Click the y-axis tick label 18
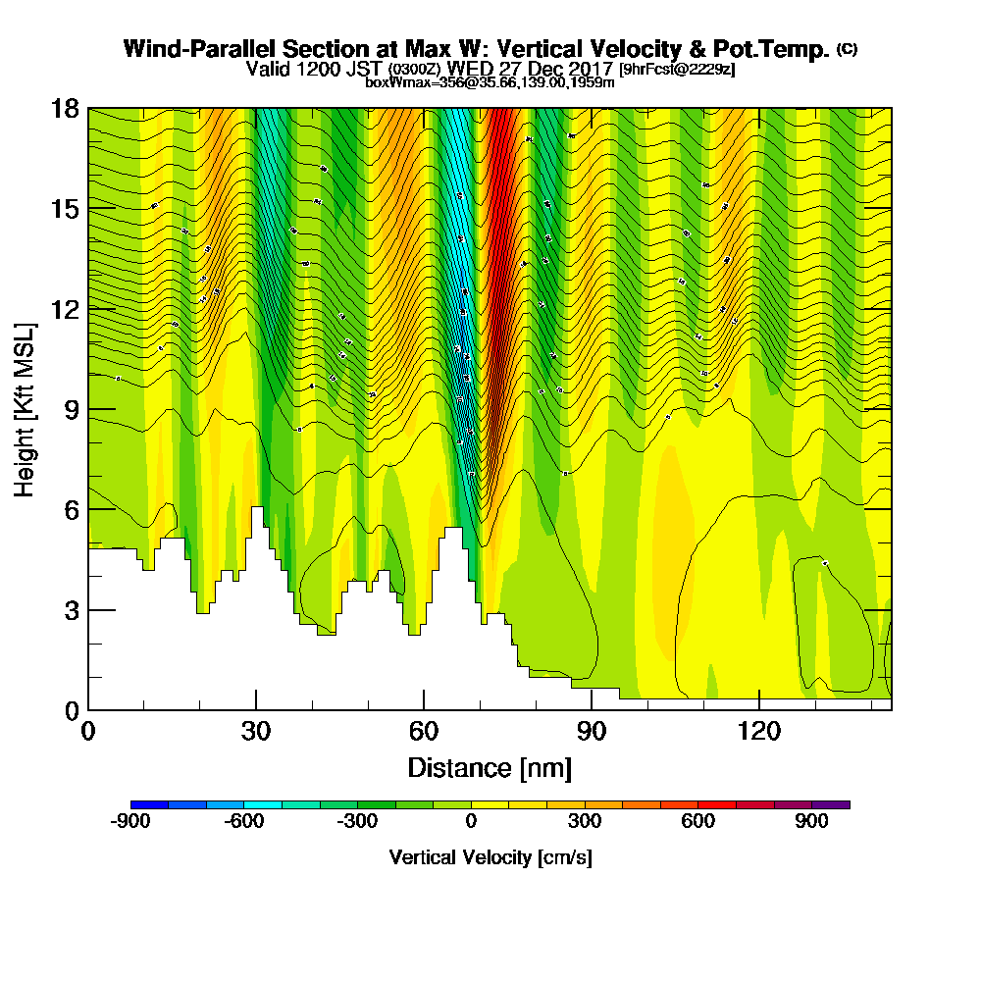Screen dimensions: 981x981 [x=64, y=108]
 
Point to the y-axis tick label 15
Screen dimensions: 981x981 [x=64, y=209]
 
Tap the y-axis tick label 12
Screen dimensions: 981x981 [x=64, y=309]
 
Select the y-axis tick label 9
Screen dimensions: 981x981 [x=70, y=409]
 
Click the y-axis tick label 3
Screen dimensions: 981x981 [x=70, y=610]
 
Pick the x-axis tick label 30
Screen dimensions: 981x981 [x=256, y=732]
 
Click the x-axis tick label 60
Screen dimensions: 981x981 [x=424, y=732]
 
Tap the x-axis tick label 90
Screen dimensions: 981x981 [x=592, y=732]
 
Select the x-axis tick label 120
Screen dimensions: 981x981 [x=759, y=732]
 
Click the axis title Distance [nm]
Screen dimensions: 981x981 [x=490, y=767]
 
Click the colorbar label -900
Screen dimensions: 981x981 [x=130, y=822]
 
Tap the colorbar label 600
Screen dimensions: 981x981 [x=698, y=822]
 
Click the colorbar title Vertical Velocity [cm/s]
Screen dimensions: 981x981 [x=490, y=857]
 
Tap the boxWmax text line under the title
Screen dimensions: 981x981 [x=490, y=82]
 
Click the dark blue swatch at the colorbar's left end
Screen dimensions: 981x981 [x=150, y=804]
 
